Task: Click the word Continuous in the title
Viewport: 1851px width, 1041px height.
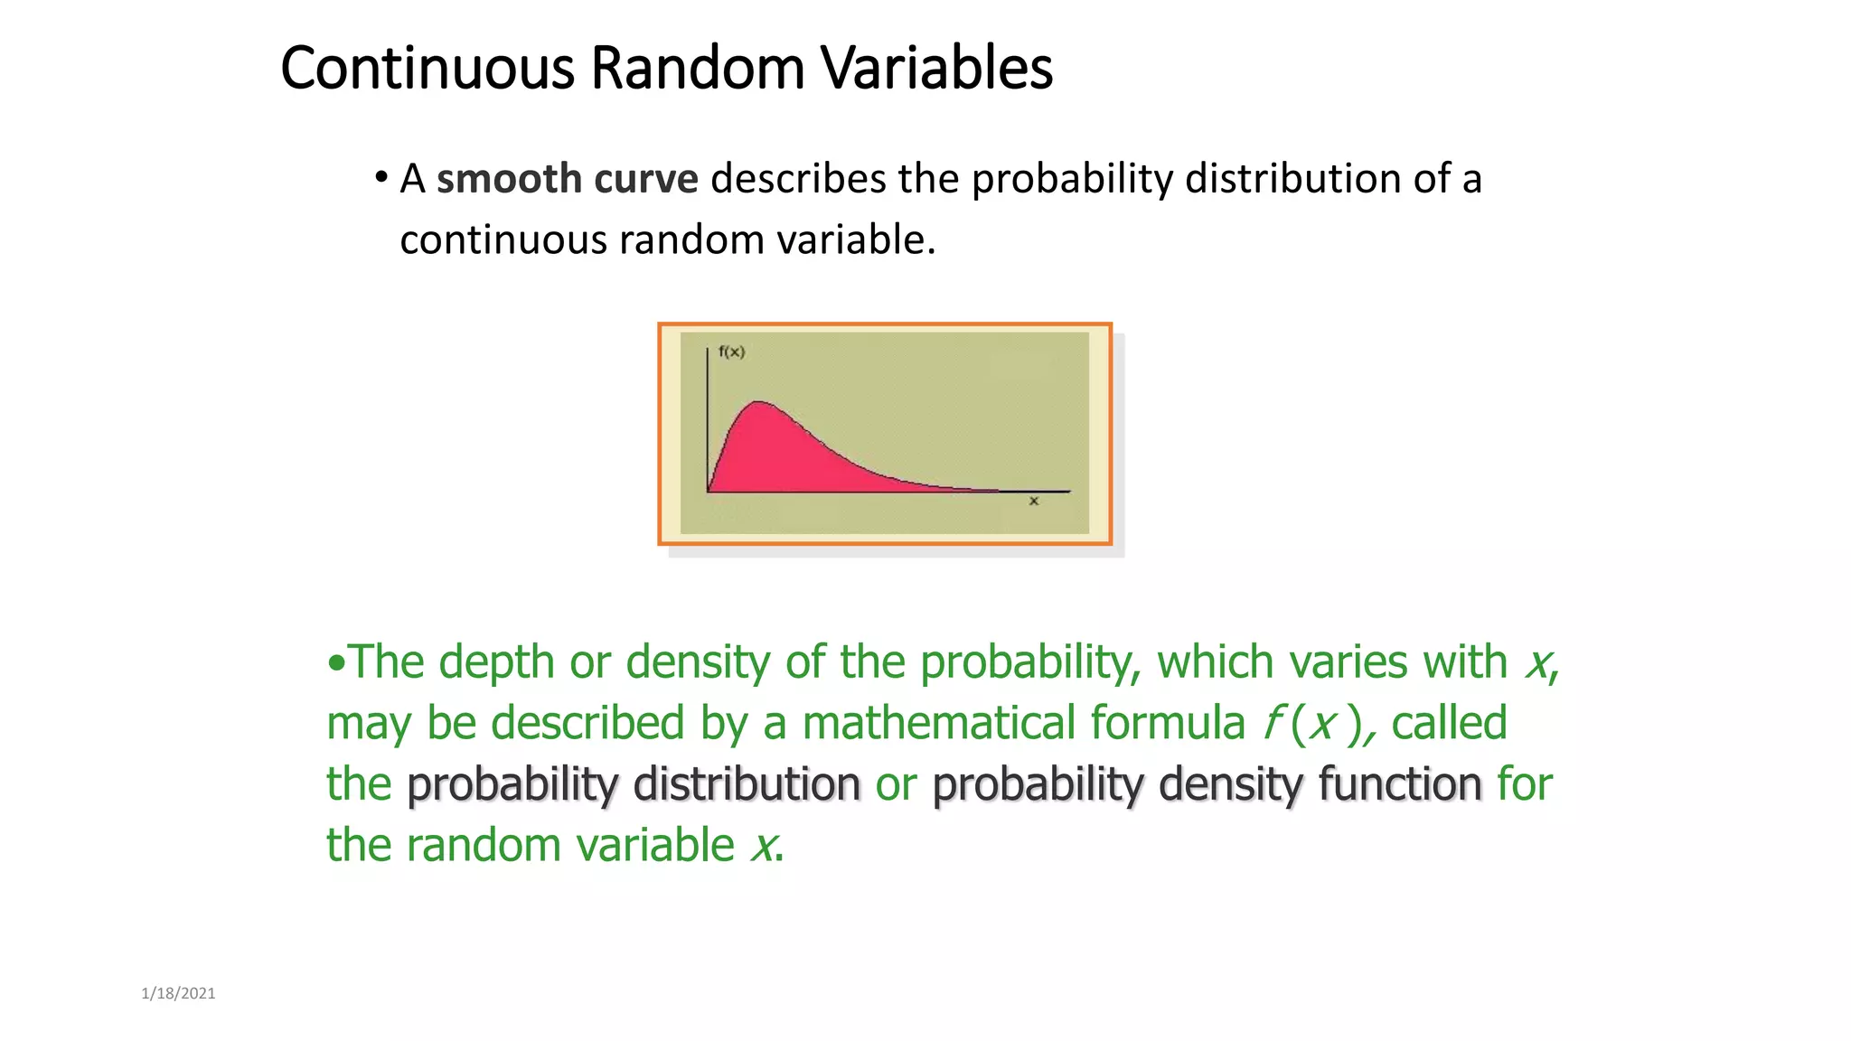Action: [x=427, y=68]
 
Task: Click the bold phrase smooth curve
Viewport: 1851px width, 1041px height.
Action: [x=567, y=179]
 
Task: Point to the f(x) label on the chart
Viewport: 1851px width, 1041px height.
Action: [x=731, y=352]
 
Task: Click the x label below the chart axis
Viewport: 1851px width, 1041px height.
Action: [x=1034, y=501]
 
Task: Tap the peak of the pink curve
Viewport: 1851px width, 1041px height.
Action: [x=760, y=402]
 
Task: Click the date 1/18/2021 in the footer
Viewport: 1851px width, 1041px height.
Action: [x=178, y=993]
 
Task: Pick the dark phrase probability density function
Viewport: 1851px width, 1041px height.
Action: [x=1207, y=783]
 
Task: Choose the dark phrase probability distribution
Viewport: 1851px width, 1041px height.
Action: [x=634, y=783]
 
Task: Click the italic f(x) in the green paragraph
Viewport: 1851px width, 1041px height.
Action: [x=1315, y=723]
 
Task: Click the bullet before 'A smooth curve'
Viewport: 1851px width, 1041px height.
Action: [x=381, y=176]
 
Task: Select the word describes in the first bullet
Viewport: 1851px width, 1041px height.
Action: [x=798, y=179]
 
